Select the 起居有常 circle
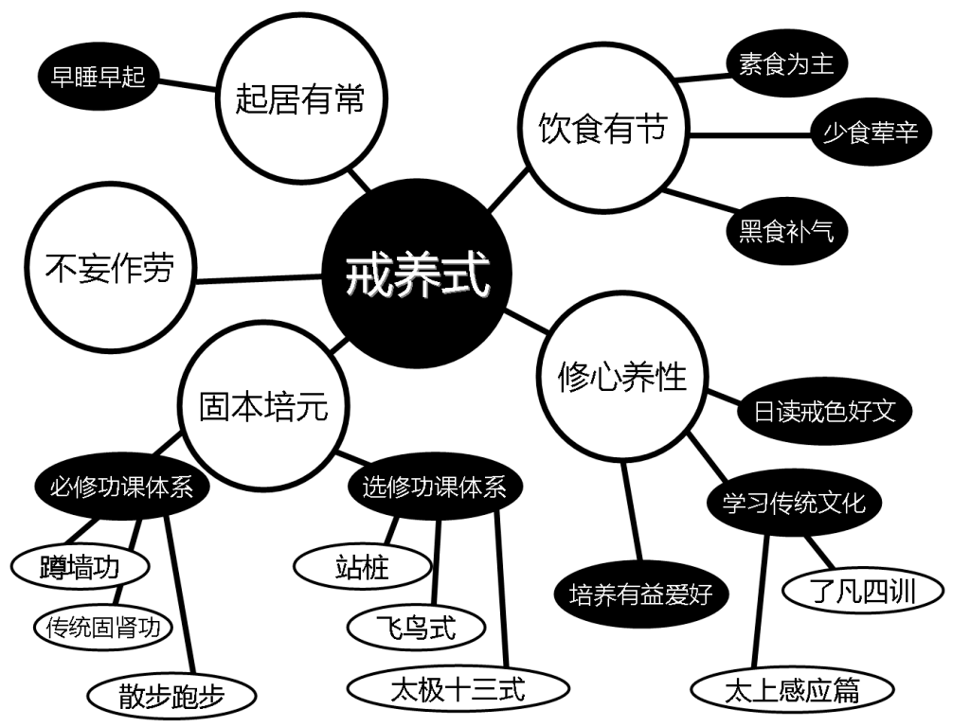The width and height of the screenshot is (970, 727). pos(299,98)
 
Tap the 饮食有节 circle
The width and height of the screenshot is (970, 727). pos(603,129)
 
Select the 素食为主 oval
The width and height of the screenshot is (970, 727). pos(785,64)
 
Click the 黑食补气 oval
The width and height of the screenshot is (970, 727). pos(785,230)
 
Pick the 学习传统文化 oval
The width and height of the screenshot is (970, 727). pos(794,502)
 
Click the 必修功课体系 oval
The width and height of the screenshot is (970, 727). pos(121,488)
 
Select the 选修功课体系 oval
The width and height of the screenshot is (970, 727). pos(434,488)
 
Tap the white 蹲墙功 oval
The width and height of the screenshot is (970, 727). pos(81,568)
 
